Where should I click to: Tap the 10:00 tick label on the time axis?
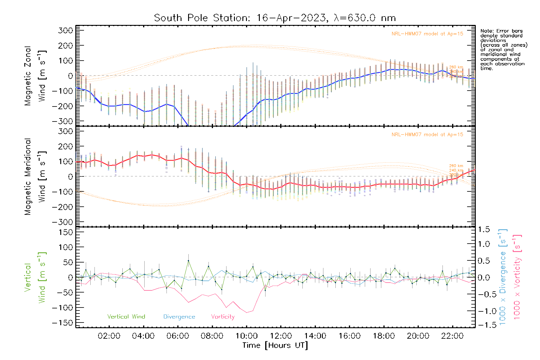pos(246,336)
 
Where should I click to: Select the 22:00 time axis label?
pos(452,336)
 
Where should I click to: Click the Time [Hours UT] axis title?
pos(275,345)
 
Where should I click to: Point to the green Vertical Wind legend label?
pos(126,317)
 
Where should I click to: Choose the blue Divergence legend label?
pos(179,317)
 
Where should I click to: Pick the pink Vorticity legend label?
pos(223,317)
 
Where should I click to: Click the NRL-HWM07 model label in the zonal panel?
pos(427,34)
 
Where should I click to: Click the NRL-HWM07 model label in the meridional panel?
pos(427,135)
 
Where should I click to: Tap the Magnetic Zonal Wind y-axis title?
pos(35,76)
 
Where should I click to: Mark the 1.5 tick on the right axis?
pos(484,229)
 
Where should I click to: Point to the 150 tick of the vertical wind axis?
pos(66,232)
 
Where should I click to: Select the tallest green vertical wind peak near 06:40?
pos(188,261)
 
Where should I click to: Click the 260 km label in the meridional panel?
pos(456,166)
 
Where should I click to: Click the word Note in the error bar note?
pos(486,31)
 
